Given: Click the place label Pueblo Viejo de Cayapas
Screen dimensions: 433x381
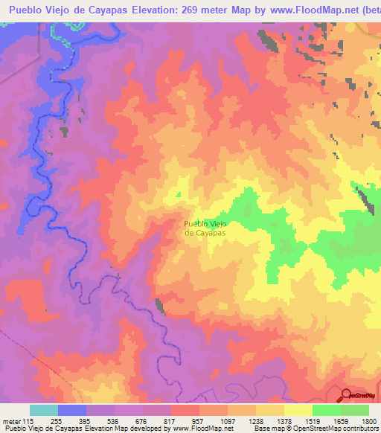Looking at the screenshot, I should [x=205, y=228].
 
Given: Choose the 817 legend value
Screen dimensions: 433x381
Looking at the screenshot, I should [x=170, y=422].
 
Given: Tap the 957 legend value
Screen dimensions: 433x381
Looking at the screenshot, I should [x=199, y=422].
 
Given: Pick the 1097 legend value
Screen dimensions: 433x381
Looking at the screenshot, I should [x=226, y=422].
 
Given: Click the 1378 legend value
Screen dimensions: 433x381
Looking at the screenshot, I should [x=283, y=422].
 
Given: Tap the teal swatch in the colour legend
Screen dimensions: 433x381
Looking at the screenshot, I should [x=44, y=410].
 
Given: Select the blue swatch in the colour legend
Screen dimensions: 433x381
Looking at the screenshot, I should [x=72, y=410].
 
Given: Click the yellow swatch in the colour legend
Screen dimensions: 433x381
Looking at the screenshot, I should [x=298, y=410].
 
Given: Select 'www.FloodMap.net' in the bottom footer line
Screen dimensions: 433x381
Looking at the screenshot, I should [x=204, y=429].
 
